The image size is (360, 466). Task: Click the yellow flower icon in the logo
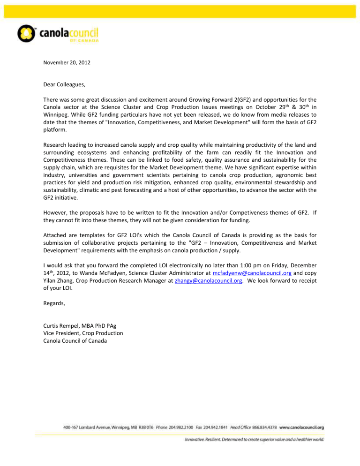(x=26, y=34)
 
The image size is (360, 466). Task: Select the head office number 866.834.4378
(x=266, y=428)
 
